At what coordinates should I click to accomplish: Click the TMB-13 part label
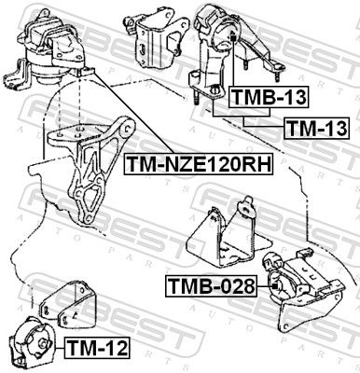269,97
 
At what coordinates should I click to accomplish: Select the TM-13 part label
317,128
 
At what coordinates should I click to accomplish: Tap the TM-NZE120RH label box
199,163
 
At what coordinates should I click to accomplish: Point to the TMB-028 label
211,286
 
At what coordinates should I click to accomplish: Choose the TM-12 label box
97,348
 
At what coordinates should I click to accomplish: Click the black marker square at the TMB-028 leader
274,286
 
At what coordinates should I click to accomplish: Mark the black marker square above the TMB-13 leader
234,38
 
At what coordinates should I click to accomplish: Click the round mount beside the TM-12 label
32,340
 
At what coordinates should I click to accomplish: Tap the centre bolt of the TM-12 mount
43,344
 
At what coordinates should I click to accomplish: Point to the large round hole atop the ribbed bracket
127,128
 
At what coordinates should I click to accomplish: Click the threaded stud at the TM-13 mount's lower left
197,96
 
